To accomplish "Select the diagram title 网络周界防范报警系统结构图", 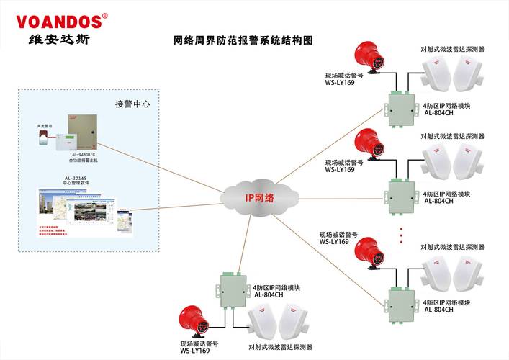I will point(245,42).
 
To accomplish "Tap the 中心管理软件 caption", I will point(76,184).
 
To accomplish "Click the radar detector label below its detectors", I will point(280,346).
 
